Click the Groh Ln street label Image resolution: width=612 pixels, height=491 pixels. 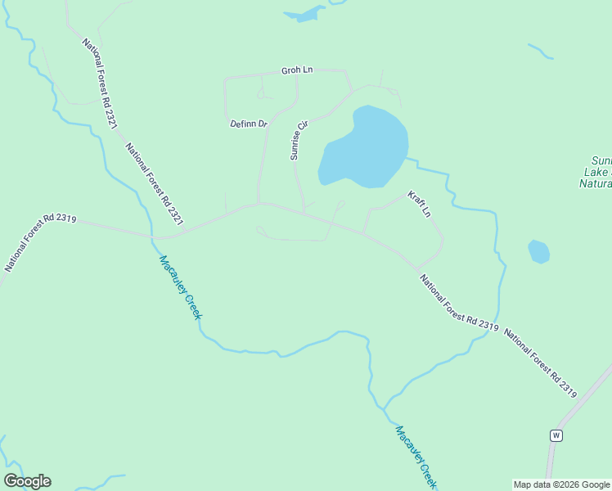point(297,70)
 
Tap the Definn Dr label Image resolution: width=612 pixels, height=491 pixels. point(249,124)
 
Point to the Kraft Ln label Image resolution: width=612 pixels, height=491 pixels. point(420,205)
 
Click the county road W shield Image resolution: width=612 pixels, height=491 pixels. point(556,435)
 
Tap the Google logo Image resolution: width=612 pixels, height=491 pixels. point(27,481)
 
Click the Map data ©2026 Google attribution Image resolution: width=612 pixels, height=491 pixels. point(561,484)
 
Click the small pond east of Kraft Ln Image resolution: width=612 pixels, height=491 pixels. point(538,251)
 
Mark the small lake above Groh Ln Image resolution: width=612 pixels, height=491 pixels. point(304,14)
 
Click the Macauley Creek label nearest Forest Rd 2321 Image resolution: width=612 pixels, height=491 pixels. point(180,286)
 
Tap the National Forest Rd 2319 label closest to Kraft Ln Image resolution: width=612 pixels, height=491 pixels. point(459,303)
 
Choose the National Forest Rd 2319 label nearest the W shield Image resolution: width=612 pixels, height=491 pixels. point(540,363)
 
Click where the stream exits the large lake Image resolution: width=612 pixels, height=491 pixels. point(407,160)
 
